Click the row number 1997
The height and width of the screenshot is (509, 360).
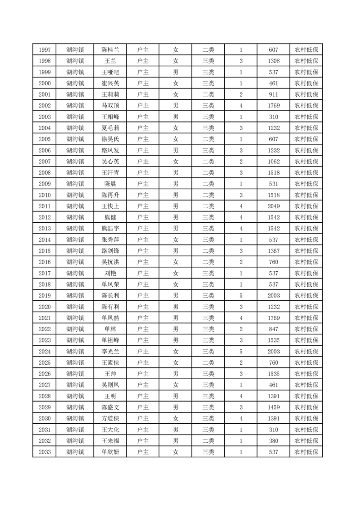44,50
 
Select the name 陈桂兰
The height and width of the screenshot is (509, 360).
110,50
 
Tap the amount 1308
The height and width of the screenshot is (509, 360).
273,61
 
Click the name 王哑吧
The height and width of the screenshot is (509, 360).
110,72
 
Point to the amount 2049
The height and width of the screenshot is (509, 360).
273,206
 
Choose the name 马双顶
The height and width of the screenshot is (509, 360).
110,106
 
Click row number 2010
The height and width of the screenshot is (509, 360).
44,195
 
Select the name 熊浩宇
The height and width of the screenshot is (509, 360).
110,229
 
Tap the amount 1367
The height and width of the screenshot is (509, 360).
273,251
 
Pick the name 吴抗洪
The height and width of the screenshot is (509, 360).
110,262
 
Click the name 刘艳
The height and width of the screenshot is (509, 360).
110,273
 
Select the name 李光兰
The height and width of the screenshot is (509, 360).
110,352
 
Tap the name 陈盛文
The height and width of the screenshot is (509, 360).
110,407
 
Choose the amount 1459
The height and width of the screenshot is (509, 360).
273,407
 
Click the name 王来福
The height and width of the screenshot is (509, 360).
110,441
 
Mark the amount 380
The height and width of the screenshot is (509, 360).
273,441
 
